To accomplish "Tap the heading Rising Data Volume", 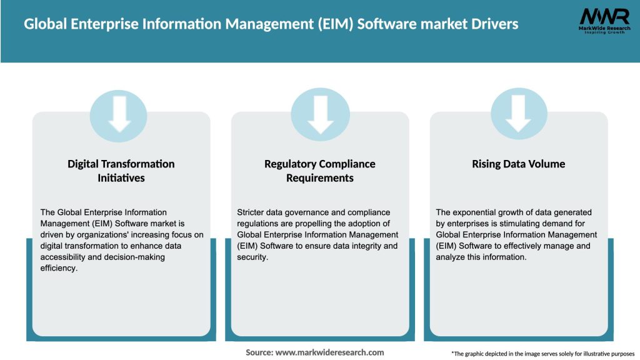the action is click(518, 164).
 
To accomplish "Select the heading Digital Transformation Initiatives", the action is click(121, 171).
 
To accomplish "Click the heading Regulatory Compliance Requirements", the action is click(320, 171).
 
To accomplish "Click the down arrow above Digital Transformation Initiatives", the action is click(119, 114).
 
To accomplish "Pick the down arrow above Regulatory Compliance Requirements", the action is click(320, 114).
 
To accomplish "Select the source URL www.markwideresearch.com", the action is click(330, 352).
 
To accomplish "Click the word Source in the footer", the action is click(259, 352).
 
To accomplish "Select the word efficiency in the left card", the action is click(60, 268).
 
